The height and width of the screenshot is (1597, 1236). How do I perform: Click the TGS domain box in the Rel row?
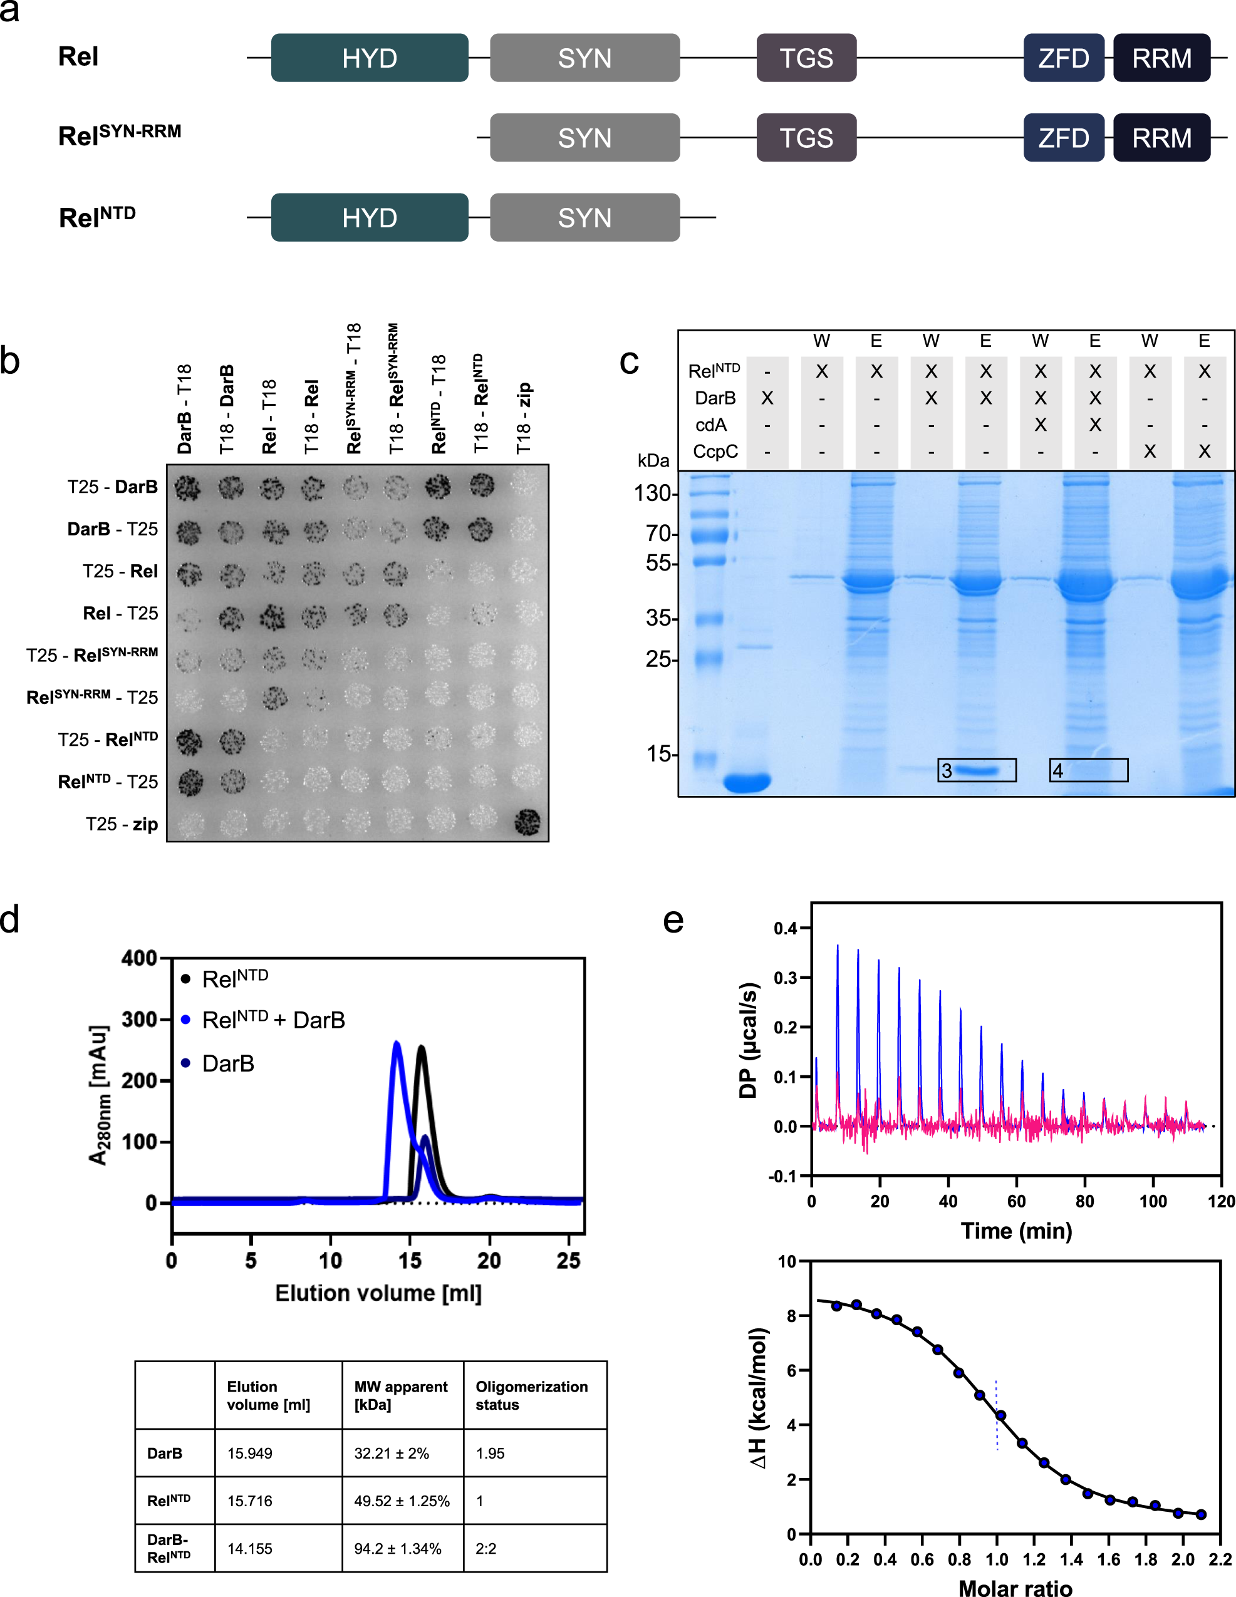806,58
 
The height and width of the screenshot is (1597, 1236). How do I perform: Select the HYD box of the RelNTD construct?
370,217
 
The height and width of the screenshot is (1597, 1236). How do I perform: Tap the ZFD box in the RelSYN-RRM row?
1063,138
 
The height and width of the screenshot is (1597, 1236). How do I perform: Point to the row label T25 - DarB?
112,487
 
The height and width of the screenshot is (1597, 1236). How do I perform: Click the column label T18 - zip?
524,418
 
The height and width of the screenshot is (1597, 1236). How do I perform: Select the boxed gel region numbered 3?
977,770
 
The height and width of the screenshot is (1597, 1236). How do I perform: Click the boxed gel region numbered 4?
1088,770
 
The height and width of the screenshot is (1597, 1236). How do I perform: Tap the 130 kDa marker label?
652,494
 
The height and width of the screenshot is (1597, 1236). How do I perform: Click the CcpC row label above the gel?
715,451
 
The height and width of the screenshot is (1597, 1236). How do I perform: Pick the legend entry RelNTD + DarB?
273,1020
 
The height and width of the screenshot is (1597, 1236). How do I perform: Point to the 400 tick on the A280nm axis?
139,958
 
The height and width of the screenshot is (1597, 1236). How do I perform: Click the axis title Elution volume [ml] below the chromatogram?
378,1293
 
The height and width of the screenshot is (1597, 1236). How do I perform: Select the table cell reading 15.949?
249,1453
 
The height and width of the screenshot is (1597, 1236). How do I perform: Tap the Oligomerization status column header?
532,1395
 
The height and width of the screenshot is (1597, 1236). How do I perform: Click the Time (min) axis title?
1016,1231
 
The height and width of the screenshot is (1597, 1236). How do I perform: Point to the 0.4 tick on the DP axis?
786,929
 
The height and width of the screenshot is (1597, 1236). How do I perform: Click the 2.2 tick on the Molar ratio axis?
1220,1559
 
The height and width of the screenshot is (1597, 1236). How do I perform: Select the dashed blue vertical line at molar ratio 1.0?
996,1415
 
